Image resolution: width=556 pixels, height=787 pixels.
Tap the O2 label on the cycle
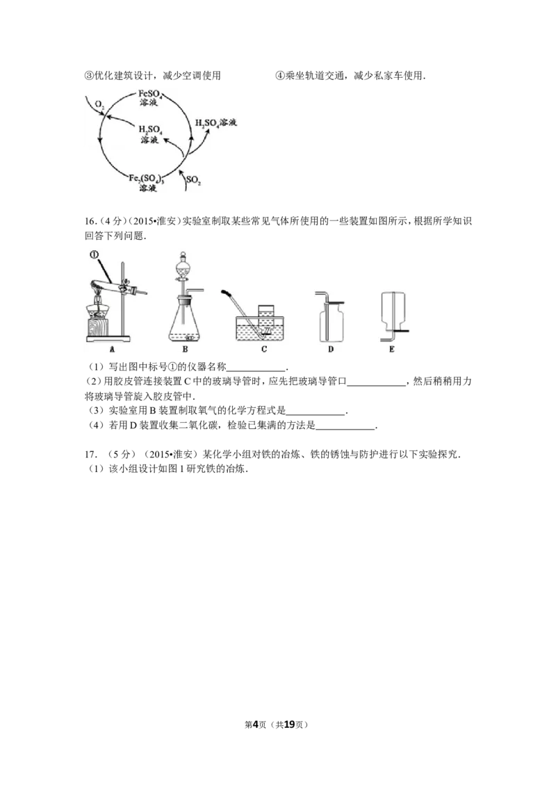(x=101, y=104)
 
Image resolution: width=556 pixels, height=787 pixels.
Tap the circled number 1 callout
(x=95, y=254)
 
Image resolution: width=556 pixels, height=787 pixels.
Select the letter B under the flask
(x=185, y=350)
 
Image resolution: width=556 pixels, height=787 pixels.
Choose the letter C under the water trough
(x=264, y=350)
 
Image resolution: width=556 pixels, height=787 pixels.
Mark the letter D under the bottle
(x=331, y=350)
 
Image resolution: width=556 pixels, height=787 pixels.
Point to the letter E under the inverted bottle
(x=393, y=350)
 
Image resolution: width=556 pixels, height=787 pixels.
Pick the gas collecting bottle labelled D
(x=330, y=323)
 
